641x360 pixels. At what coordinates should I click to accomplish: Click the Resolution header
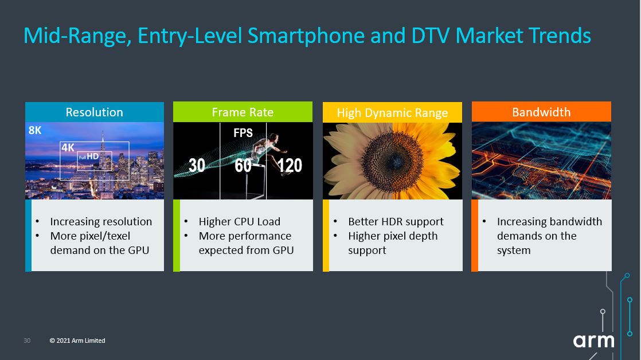[x=95, y=112]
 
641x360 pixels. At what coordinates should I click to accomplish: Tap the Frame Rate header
[x=243, y=112]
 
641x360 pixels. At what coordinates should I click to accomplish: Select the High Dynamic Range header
[x=392, y=112]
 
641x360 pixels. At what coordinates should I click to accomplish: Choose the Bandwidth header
[x=541, y=112]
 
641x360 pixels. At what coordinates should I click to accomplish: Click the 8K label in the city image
[x=35, y=130]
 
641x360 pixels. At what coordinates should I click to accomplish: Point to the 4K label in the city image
[x=68, y=147]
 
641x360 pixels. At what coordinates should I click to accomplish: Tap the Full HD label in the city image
[x=89, y=156]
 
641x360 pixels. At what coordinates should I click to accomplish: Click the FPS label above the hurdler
[x=243, y=133]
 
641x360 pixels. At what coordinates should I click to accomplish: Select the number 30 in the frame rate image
[x=197, y=166]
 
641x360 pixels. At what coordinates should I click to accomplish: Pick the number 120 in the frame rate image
[x=290, y=166]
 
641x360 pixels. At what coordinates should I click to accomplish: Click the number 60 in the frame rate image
[x=243, y=166]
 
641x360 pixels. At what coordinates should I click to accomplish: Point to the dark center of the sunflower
[x=392, y=161]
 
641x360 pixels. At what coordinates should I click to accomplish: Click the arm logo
[x=593, y=341]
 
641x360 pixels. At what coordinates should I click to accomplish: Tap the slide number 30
[x=27, y=341]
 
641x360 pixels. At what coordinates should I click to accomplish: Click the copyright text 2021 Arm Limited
[x=77, y=341]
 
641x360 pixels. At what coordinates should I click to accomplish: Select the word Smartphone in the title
[x=306, y=36]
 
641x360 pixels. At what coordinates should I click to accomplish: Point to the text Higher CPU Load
[x=240, y=221]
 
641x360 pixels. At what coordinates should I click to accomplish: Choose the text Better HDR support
[x=396, y=221]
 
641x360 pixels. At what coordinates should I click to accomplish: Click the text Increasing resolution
[x=101, y=221]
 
